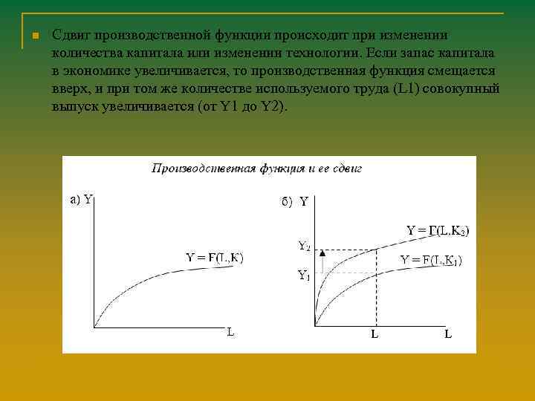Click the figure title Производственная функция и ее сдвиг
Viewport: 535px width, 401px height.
(x=256, y=169)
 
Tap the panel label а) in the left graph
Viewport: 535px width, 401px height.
(x=75, y=199)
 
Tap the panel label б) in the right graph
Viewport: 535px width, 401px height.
(x=287, y=200)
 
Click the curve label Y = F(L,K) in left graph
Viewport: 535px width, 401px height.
(x=214, y=258)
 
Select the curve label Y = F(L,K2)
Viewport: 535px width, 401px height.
(x=438, y=230)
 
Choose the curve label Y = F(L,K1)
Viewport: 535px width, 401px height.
(x=431, y=260)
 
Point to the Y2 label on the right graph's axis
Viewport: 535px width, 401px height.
(x=305, y=245)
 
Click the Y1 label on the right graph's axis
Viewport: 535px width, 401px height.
(x=304, y=275)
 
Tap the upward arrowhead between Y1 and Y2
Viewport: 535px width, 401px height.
(x=323, y=254)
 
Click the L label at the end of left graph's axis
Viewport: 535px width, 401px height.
(x=230, y=333)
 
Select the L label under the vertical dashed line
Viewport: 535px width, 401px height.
(x=375, y=334)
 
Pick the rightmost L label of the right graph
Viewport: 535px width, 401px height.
(x=448, y=334)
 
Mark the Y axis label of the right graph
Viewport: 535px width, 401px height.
(x=304, y=201)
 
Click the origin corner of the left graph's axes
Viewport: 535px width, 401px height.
(x=95, y=325)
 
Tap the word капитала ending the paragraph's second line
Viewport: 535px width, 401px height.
(x=473, y=53)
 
